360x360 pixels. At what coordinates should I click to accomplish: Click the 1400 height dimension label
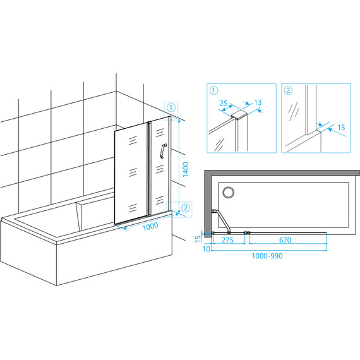(x=186, y=169)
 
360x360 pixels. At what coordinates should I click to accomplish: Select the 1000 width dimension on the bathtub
(x=150, y=226)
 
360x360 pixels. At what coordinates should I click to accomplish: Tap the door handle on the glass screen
(x=163, y=151)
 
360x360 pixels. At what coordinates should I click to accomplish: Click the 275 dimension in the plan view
(x=227, y=240)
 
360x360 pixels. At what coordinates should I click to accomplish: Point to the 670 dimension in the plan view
(x=285, y=240)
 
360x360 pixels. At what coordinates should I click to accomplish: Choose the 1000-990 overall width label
(x=267, y=256)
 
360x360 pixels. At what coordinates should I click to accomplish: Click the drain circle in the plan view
(x=229, y=192)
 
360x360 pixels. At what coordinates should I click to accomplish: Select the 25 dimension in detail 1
(x=224, y=103)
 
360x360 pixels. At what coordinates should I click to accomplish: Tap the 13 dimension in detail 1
(x=258, y=102)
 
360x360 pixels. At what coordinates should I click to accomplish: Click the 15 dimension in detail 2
(x=341, y=127)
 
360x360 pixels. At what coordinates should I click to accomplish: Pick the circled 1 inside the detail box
(x=213, y=90)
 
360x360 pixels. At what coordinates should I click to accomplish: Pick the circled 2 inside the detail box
(x=288, y=90)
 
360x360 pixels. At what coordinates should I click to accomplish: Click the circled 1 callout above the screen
(x=171, y=107)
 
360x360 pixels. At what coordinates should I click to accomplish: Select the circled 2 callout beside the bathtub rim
(x=186, y=208)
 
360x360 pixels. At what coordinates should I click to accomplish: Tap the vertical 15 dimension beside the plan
(x=198, y=238)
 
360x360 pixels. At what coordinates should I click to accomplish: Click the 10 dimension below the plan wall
(x=206, y=249)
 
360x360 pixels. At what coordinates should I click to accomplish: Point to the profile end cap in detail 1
(x=239, y=115)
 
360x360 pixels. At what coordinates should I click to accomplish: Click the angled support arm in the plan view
(x=222, y=221)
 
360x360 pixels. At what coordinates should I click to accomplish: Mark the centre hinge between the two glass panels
(x=149, y=169)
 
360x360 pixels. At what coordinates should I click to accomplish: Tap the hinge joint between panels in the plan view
(x=247, y=232)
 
